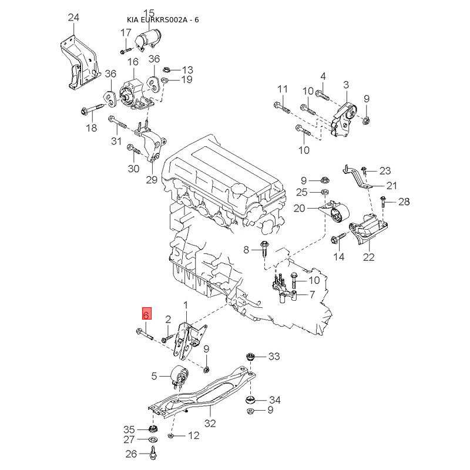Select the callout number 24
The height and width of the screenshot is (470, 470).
click(73, 18)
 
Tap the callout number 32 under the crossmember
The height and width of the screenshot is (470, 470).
click(210, 423)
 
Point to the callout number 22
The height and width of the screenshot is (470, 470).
click(369, 257)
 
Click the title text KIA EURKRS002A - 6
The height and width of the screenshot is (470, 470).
click(163, 20)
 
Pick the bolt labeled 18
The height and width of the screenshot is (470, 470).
click(92, 109)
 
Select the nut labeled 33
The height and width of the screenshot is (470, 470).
click(250, 357)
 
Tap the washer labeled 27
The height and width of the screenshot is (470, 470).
click(153, 439)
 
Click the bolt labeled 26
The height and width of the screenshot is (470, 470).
click(154, 453)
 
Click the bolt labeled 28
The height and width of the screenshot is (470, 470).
click(383, 202)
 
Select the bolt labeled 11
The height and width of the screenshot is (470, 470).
click(282, 108)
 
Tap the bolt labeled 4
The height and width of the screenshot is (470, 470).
click(323, 95)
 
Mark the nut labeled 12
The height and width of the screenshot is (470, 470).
click(170, 435)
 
